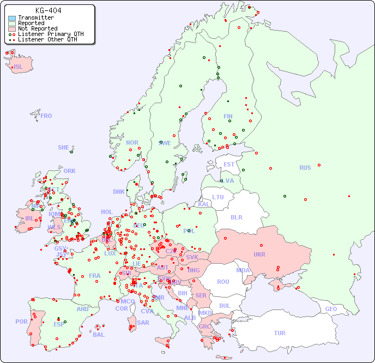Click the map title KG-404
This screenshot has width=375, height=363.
coord(48,10)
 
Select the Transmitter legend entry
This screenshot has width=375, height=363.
coord(35,18)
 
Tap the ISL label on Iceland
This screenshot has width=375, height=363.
coord(19,67)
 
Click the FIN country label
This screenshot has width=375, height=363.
coord(228,116)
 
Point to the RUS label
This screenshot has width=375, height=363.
coord(305,168)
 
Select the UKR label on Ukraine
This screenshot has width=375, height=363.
coord(259,254)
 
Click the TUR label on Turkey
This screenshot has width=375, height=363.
coord(280,333)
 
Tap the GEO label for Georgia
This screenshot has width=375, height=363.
coord(331,309)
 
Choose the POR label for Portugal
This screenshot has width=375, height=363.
coord(21,322)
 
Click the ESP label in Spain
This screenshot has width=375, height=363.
coord(59,324)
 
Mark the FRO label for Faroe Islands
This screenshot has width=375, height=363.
coord(46,116)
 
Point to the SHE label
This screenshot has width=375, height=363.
coord(64,147)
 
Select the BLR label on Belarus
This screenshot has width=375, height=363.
coord(237,217)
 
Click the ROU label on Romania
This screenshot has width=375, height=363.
coord(223,282)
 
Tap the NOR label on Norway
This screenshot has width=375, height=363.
coord(132,142)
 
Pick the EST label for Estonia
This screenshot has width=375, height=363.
coord(229,164)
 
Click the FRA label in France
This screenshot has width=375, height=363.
coord(95,276)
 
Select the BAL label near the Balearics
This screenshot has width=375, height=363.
coord(98,335)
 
